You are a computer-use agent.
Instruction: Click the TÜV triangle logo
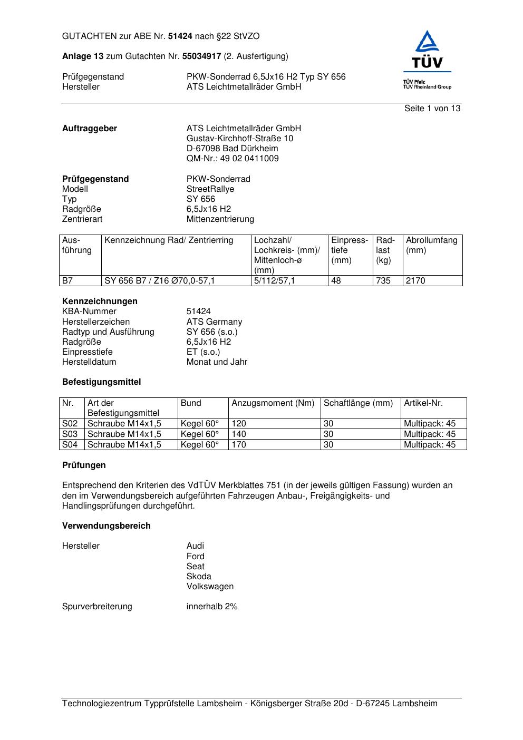point(427,50)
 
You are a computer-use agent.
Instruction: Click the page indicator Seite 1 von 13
point(432,109)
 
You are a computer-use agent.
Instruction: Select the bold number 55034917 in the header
point(202,56)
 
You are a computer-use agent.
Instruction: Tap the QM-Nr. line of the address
point(233,159)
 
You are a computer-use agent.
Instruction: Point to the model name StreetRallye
point(210,189)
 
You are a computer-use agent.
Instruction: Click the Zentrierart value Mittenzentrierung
point(220,219)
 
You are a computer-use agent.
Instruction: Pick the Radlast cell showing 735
point(383,281)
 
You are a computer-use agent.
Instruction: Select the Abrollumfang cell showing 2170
point(415,281)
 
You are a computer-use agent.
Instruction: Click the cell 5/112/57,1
point(274,281)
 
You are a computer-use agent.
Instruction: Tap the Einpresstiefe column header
point(349,250)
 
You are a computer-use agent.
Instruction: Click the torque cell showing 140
point(239,434)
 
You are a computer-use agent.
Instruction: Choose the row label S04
point(70,445)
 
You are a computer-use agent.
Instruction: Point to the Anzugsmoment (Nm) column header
point(273,403)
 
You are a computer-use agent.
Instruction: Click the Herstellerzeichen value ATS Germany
point(214,322)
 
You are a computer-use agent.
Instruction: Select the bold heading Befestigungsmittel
point(101,382)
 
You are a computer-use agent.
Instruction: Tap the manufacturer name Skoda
point(199,577)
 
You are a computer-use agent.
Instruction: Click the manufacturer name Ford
point(195,557)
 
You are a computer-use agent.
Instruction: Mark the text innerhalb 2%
point(212,607)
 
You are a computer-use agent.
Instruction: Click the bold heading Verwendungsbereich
point(106,526)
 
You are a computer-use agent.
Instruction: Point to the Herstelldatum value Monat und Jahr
point(217,362)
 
